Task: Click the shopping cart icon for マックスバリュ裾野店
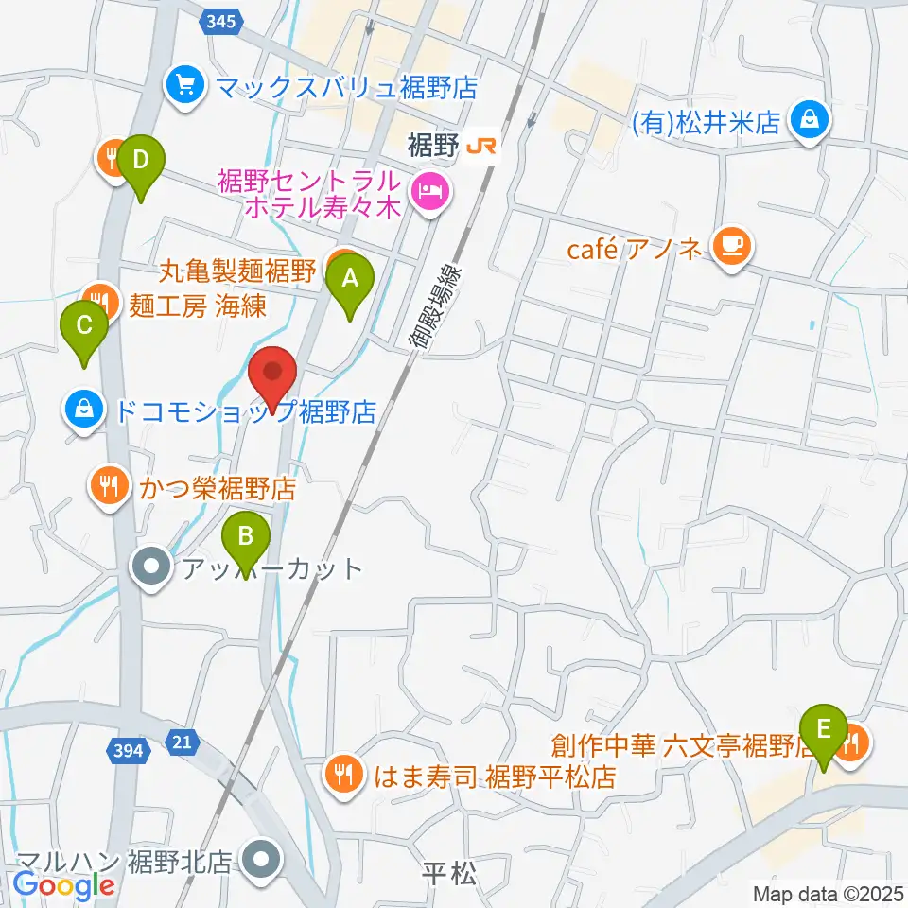click(184, 88)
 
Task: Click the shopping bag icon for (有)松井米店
click(809, 122)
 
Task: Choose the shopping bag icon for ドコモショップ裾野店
click(84, 411)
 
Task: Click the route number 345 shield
click(224, 18)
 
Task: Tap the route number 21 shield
click(182, 744)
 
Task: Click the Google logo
click(63, 884)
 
